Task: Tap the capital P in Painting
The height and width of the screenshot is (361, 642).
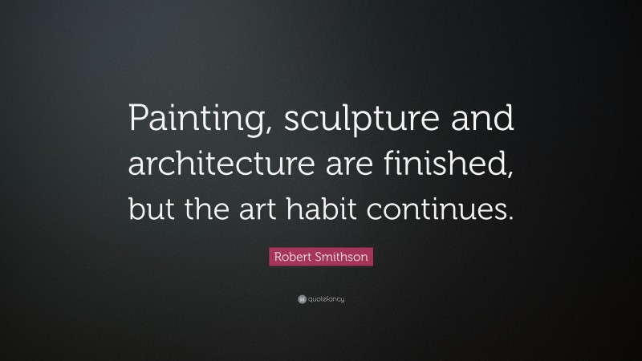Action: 136,121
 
